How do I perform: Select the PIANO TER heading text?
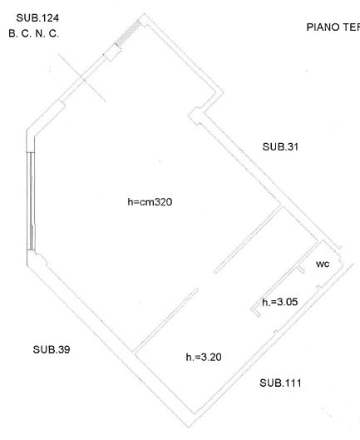333,27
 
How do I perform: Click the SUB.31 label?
279,146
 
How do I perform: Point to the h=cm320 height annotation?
150,202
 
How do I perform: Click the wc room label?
323,264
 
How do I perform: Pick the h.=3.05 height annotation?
279,303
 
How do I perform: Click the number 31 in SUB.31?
292,146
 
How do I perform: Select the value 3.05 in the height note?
287,303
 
